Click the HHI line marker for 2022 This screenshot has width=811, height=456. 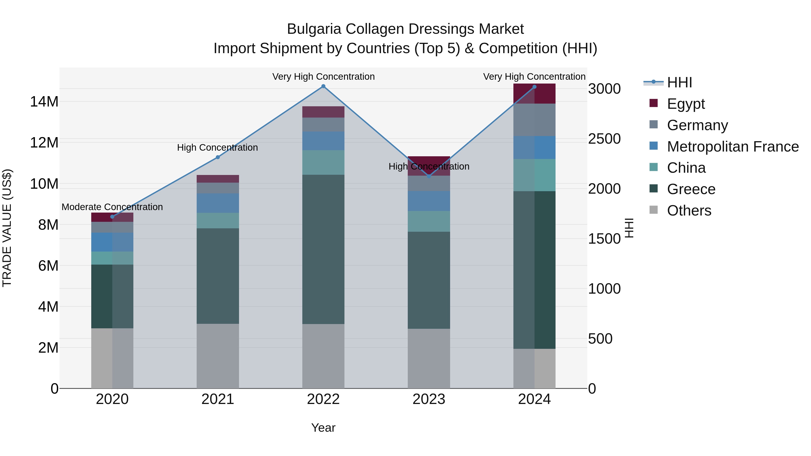click(x=323, y=86)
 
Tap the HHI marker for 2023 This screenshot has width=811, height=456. click(x=429, y=176)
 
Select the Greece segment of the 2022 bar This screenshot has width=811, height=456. click(x=323, y=249)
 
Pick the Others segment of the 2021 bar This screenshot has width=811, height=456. click(x=218, y=356)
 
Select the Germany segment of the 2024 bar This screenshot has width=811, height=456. click(x=534, y=120)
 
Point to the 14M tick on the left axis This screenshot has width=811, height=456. click(x=44, y=102)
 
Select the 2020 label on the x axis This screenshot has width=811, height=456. click(x=112, y=399)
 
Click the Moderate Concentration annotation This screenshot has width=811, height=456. click(x=112, y=207)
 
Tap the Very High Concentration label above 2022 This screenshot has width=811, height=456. click(x=323, y=77)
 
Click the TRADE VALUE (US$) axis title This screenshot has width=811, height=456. click(x=7, y=228)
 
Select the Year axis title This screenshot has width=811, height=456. click(x=323, y=428)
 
